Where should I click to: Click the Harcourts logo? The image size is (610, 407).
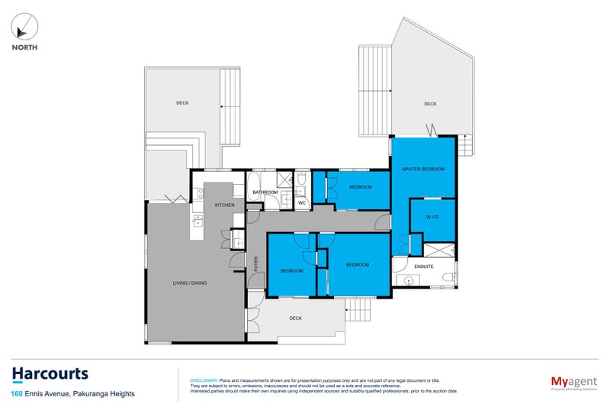click(50, 374)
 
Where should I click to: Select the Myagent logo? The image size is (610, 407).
click(572, 380)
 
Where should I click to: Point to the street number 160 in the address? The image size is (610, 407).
click(16, 394)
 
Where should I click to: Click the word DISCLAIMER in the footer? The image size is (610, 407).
click(203, 380)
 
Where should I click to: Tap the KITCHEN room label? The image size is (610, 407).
click(224, 205)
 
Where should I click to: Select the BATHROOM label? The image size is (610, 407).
click(265, 192)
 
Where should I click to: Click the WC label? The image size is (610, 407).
click(301, 203)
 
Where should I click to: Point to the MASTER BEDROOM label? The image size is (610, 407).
click(425, 169)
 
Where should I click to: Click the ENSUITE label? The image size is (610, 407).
click(424, 266)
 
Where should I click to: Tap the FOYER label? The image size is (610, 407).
click(255, 264)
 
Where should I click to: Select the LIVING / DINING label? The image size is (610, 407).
click(191, 283)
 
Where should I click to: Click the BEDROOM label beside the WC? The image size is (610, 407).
click(360, 187)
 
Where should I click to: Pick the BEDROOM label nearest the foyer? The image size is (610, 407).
click(291, 271)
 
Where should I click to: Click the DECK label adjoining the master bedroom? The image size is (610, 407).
click(430, 104)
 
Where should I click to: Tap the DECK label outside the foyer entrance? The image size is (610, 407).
click(296, 318)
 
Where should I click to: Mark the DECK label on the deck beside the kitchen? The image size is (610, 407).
click(182, 102)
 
